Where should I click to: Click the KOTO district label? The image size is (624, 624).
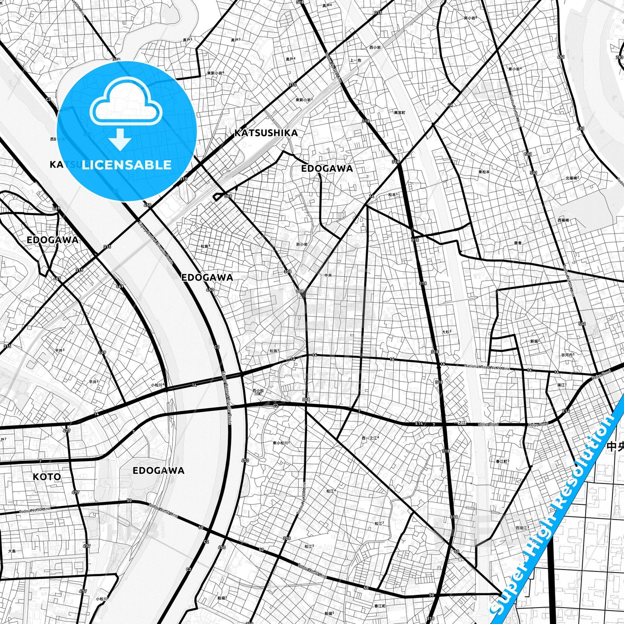click(47, 477)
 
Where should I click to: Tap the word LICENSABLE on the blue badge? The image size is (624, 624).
click(127, 165)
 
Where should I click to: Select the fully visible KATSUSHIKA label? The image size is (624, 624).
click(266, 133)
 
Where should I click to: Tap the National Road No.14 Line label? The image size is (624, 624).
click(487, 367)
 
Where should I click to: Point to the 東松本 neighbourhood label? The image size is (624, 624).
click(484, 172)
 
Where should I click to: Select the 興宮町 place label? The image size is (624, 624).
click(399, 113)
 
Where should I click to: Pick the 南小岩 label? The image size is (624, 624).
click(471, 18)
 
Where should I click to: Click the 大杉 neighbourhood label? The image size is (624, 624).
click(447, 332)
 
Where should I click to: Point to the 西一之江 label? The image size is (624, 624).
click(370, 438)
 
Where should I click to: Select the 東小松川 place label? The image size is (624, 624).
click(281, 443)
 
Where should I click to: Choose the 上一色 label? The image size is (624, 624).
click(355, 60)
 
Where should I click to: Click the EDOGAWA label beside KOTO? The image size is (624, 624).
click(158, 471)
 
